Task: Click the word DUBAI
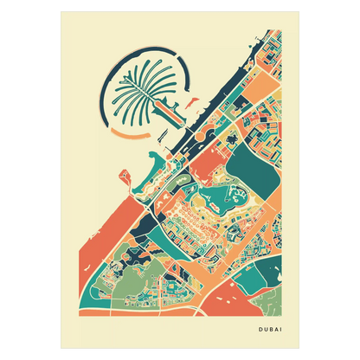click(x=273, y=327)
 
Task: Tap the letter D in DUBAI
click(x=260, y=327)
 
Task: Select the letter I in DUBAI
click(x=286, y=327)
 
